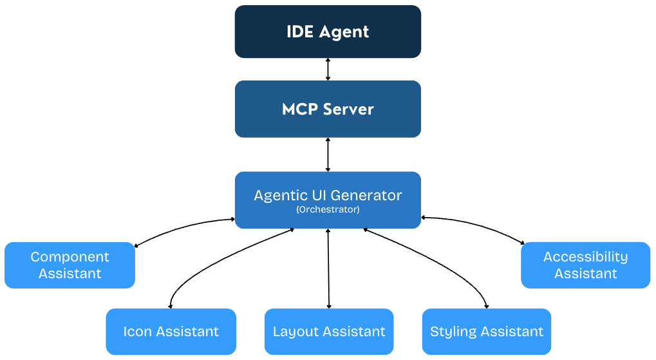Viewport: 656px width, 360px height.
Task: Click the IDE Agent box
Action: [x=328, y=32]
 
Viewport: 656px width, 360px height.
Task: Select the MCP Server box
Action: [x=328, y=109]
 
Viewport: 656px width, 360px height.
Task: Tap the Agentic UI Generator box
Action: [x=328, y=200]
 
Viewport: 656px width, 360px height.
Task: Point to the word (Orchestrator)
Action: [x=328, y=210]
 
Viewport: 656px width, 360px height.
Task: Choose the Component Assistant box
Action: [x=70, y=265]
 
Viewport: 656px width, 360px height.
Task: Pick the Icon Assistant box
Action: [x=171, y=332]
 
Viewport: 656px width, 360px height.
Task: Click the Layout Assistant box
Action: [x=329, y=332]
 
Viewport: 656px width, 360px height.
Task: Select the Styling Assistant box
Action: [x=487, y=332]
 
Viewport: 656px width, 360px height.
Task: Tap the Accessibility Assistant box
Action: [x=585, y=265]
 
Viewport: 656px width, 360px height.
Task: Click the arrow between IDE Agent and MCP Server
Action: [x=328, y=69]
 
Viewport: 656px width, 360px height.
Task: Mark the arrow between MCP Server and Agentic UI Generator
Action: [x=328, y=155]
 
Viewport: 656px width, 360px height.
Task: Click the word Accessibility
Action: [x=585, y=257]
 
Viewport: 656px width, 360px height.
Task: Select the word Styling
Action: [x=455, y=332]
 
